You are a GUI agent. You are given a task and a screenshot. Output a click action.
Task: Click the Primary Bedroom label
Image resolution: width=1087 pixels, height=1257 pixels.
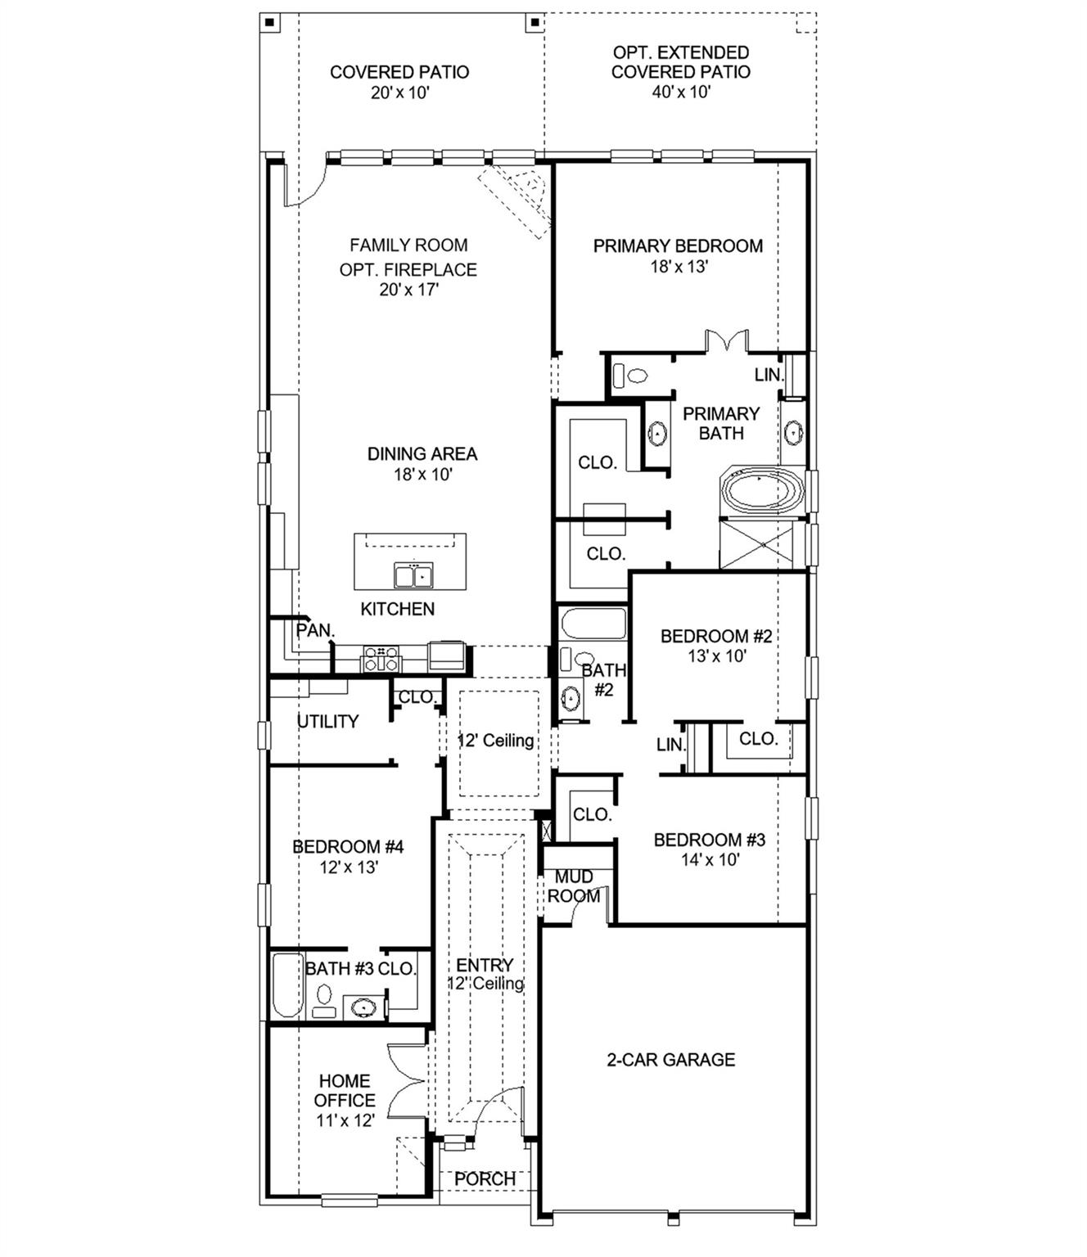pos(678,246)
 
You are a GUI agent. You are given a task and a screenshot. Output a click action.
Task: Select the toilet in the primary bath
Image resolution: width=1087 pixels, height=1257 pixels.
pos(631,376)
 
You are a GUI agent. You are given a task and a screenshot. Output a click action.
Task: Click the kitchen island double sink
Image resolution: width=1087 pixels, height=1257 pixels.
pos(413,576)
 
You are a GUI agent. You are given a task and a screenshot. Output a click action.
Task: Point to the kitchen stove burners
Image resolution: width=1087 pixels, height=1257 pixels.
pos(381,658)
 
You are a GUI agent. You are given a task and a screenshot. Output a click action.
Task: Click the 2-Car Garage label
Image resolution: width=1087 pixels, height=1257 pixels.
pos(670,1060)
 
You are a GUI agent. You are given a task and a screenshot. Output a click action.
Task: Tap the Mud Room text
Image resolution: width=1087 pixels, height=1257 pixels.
pos(574,886)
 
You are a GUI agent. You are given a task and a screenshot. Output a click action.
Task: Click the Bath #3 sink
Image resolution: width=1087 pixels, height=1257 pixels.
pos(363,1007)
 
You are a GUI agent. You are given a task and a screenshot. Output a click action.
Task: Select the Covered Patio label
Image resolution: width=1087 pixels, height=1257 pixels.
pos(399,72)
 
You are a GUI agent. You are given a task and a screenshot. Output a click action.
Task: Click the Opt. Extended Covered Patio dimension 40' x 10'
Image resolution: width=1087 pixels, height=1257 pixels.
pos(680,92)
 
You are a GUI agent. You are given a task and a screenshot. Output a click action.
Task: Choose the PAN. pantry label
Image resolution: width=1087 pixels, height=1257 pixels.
pos(315,631)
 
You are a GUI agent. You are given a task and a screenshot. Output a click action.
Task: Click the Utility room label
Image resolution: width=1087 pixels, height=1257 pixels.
pos(327,721)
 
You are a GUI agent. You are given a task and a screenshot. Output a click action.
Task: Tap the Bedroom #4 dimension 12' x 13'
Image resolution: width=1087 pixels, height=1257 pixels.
pos(348,867)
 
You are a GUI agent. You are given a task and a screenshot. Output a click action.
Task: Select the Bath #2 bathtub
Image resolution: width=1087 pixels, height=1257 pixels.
pos(593,626)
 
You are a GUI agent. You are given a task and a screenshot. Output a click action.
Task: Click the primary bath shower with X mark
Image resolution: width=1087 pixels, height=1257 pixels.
pos(757,544)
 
